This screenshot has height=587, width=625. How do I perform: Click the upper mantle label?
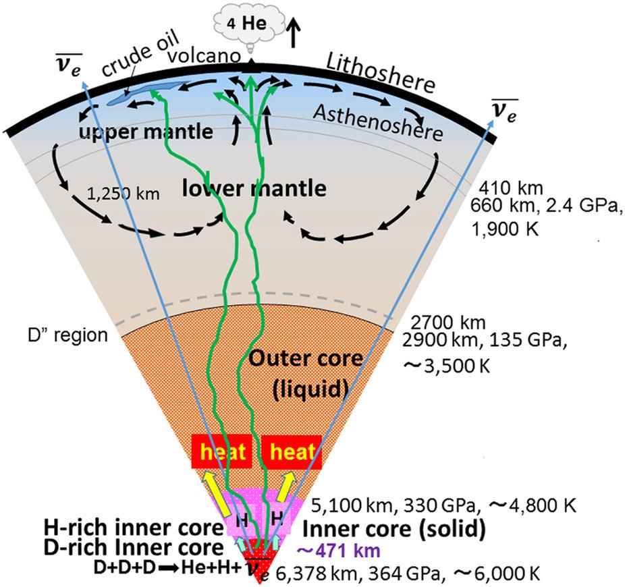point(145,132)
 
